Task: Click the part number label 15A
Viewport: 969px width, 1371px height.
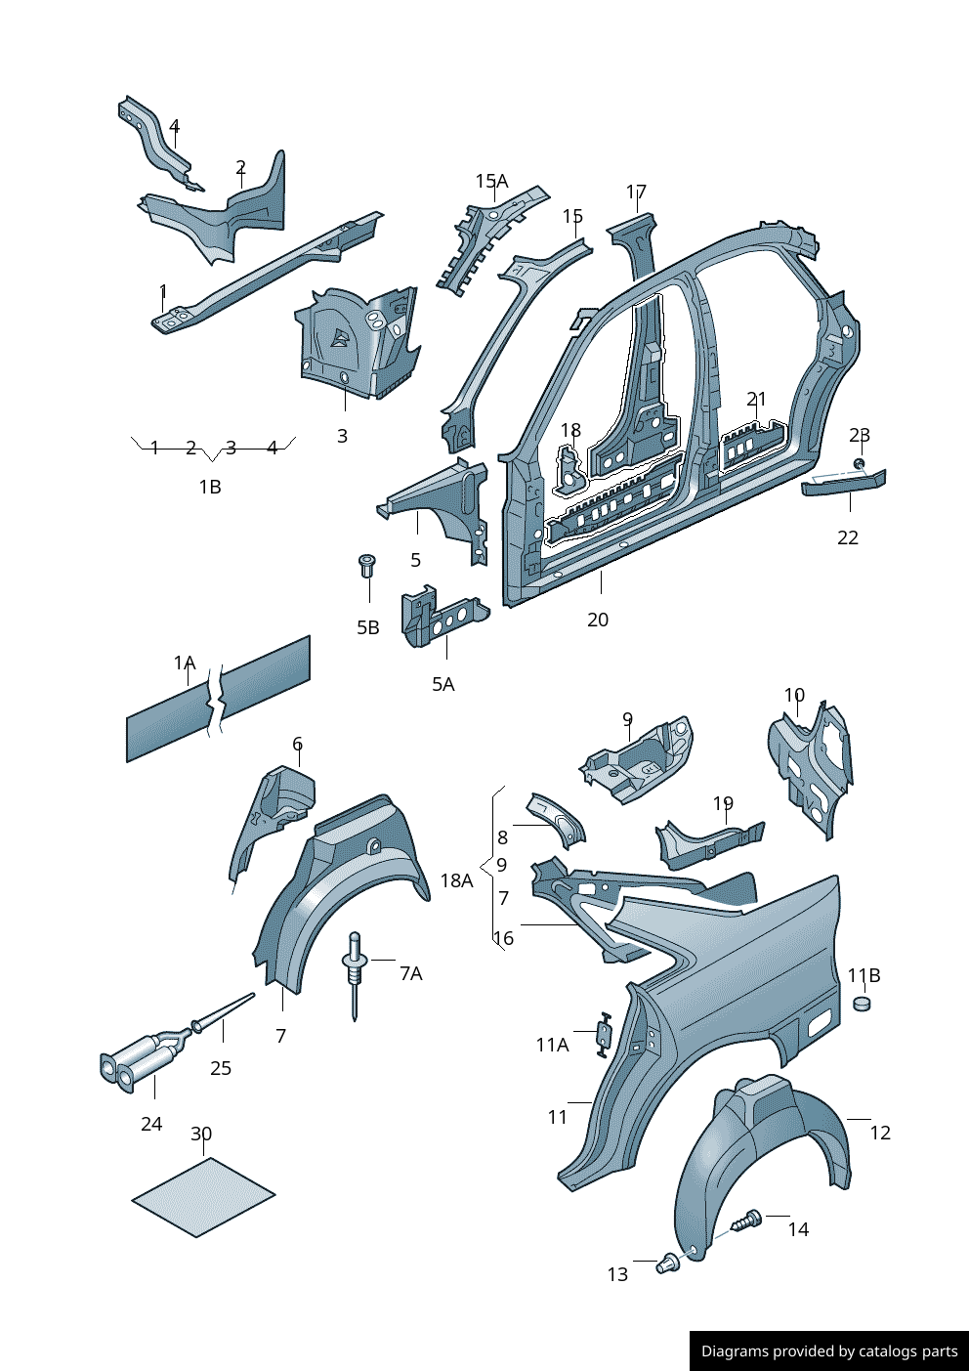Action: pyautogui.click(x=491, y=181)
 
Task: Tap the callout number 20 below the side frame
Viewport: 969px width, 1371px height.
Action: pyautogui.click(x=598, y=620)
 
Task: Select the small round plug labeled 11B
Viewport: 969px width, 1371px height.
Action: pyautogui.click(x=861, y=1003)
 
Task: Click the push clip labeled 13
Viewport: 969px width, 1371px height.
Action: pyautogui.click(x=669, y=1264)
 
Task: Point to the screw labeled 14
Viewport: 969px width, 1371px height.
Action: pyautogui.click(x=748, y=1220)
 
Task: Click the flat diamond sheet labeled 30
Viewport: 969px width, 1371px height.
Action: pyautogui.click(x=203, y=1197)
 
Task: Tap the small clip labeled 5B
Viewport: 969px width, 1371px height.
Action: pyautogui.click(x=368, y=565)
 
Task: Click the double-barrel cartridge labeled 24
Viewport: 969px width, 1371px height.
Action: pyautogui.click(x=140, y=1061)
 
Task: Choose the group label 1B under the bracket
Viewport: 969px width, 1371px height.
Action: pyautogui.click(x=210, y=487)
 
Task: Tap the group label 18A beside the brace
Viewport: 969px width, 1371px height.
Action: pyautogui.click(x=456, y=880)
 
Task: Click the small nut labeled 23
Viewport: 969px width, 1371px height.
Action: pyautogui.click(x=859, y=462)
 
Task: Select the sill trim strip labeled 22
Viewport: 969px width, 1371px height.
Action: pyautogui.click(x=844, y=483)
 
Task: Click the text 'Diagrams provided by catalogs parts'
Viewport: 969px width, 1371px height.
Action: pyautogui.click(x=828, y=1351)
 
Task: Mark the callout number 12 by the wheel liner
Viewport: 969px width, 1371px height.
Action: pyautogui.click(x=880, y=1133)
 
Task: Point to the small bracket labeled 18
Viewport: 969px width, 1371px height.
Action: pyautogui.click(x=569, y=468)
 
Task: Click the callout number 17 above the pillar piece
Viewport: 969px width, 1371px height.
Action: pyautogui.click(x=636, y=192)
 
